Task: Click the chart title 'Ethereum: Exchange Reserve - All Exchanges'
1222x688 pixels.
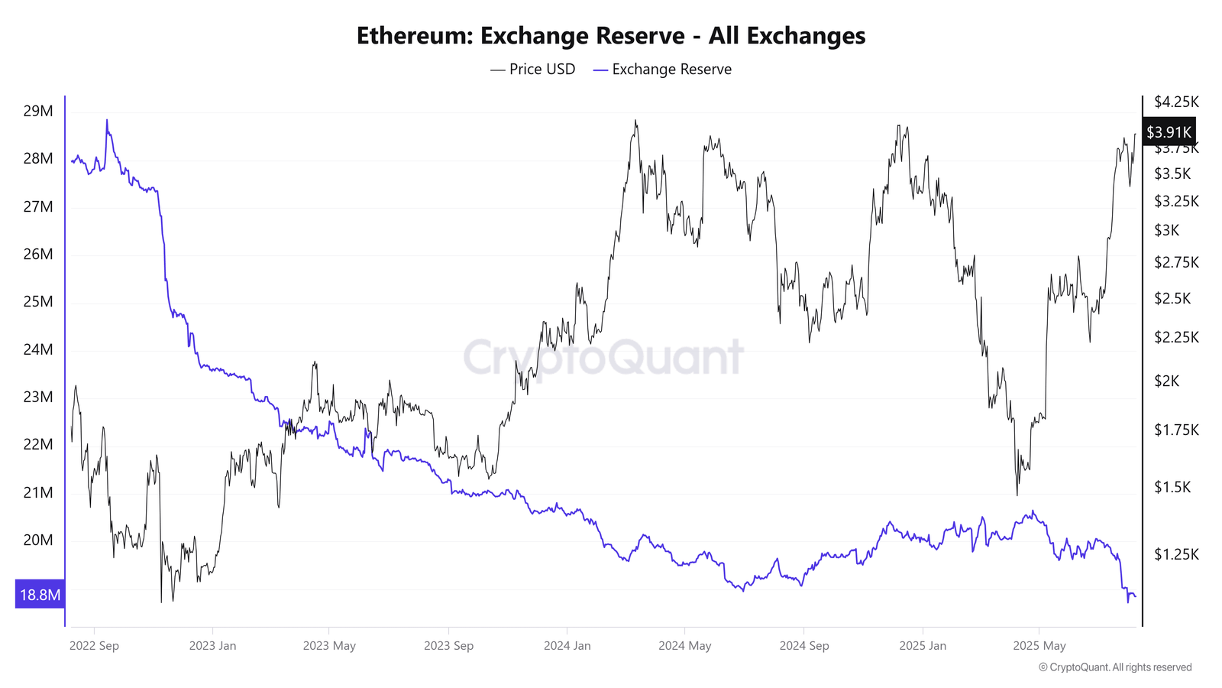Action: (611, 36)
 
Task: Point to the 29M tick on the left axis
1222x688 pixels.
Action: (38, 111)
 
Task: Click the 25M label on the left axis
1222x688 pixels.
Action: (38, 301)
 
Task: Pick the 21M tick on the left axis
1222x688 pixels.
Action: (38, 492)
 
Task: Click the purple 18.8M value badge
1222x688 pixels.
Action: (40, 595)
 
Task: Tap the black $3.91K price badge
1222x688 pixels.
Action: (1169, 132)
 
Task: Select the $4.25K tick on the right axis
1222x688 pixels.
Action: (1176, 102)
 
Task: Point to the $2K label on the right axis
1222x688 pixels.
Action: (1166, 381)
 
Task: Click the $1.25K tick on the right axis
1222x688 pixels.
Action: (1176, 554)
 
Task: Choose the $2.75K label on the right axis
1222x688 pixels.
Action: (1176, 262)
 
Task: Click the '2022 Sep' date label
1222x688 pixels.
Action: (94, 646)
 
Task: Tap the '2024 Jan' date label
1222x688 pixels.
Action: (567, 646)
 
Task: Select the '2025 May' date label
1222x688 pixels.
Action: (1039, 646)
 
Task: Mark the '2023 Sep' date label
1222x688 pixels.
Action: (448, 646)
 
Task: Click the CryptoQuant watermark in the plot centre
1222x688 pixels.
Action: (603, 357)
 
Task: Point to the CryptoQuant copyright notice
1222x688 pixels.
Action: (1115, 667)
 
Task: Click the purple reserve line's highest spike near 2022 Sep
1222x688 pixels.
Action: (107, 121)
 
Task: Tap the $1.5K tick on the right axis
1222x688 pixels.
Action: (1172, 487)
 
